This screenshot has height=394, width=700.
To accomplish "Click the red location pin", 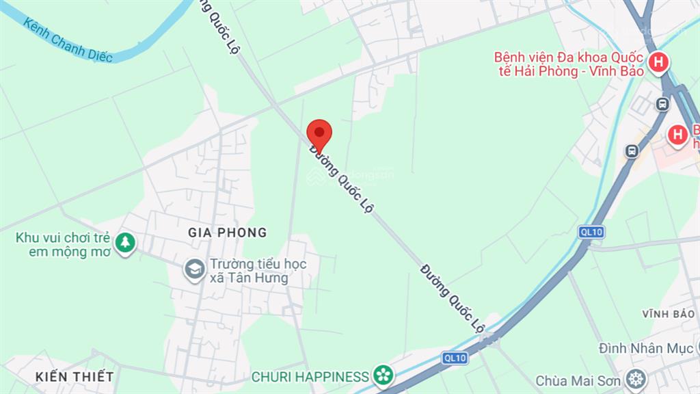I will tap(319, 133).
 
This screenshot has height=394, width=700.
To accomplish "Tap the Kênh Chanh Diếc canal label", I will tap(67, 40).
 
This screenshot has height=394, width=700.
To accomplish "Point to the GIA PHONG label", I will tap(227, 233).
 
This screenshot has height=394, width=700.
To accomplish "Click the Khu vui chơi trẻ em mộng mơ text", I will tap(63, 245).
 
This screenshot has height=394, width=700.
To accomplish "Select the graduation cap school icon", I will tap(196, 270).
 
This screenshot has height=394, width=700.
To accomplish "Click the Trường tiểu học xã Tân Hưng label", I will tap(258, 271).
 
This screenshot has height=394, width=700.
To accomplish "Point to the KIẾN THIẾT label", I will tap(75, 376).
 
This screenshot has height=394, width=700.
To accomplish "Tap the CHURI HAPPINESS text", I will tap(310, 376).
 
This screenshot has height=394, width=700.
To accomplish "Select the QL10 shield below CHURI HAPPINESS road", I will tap(454, 357).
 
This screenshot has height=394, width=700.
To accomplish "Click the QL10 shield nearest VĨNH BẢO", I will tap(591, 232).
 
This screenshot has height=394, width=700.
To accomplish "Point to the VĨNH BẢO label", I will tap(668, 313).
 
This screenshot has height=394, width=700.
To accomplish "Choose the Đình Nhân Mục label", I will tap(645, 349).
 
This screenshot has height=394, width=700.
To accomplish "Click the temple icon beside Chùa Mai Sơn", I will tap(636, 379).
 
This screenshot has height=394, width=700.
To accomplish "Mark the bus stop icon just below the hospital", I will tap(662, 105).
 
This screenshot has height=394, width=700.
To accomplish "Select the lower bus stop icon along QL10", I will tap(632, 151).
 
